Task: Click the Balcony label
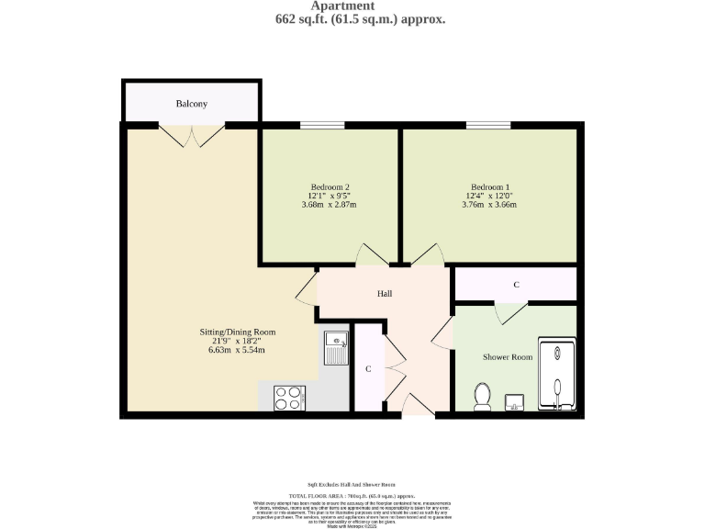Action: tap(192, 104)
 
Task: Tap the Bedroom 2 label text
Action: tap(329, 186)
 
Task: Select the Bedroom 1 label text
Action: tap(490, 186)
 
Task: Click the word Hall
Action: tap(385, 294)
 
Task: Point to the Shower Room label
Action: tap(508, 356)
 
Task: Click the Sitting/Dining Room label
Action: tap(238, 332)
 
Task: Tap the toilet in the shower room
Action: tap(481, 397)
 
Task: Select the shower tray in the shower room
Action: tap(558, 376)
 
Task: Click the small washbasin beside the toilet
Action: tap(514, 401)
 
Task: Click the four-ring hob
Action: tap(289, 397)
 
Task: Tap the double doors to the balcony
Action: tap(192, 136)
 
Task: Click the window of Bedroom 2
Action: tap(316, 125)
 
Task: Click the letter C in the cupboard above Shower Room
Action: tap(516, 285)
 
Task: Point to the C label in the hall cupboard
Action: tap(368, 368)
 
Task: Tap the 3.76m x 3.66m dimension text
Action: tap(489, 204)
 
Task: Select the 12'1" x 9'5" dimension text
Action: tap(329, 195)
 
